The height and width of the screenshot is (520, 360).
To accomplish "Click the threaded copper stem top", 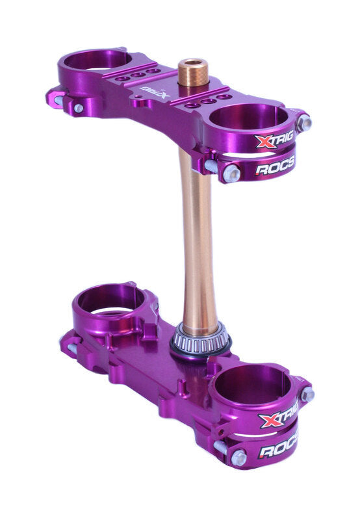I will click(x=193, y=72).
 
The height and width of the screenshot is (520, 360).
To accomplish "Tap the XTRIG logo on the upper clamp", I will click(x=274, y=140).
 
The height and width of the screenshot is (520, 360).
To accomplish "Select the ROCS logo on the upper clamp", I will click(x=274, y=167).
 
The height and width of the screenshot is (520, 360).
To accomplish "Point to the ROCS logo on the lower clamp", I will click(x=278, y=450).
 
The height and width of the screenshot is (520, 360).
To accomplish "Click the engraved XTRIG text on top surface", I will click(x=156, y=93).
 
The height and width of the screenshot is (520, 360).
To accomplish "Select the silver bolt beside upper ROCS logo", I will click(x=231, y=172).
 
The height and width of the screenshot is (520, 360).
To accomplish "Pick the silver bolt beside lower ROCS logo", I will click(x=238, y=458).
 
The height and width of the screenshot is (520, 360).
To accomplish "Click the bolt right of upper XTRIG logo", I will click(x=303, y=122).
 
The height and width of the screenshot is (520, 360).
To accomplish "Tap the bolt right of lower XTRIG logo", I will click(x=307, y=394).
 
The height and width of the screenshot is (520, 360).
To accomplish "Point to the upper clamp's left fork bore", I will click(x=97, y=60).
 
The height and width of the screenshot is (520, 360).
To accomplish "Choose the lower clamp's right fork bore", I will click(x=248, y=385).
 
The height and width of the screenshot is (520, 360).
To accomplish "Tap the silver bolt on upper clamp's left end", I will click(x=78, y=108).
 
